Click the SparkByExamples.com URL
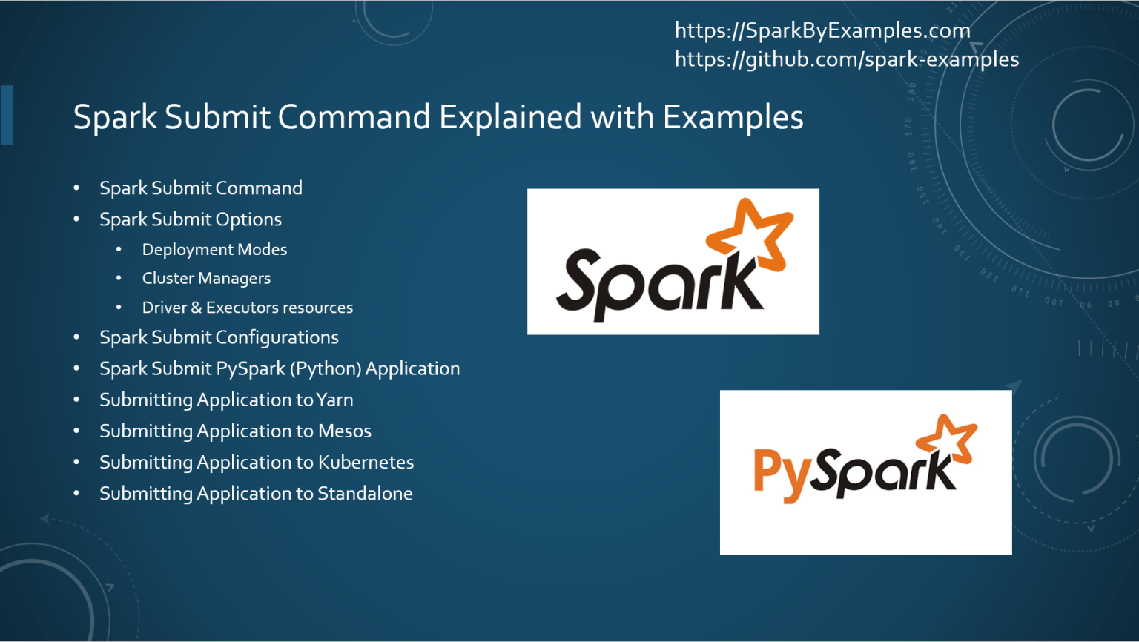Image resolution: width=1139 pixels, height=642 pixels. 822,30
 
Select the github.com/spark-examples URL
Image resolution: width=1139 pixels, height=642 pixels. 846,59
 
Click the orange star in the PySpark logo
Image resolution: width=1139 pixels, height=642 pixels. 947,440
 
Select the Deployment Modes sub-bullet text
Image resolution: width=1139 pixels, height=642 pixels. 214,250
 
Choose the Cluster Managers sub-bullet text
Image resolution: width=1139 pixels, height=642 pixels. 206,279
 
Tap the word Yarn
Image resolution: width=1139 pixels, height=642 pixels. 334,400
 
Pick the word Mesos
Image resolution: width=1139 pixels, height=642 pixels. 345,431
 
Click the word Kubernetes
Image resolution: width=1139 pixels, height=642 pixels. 366,463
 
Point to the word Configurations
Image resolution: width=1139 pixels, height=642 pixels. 277,338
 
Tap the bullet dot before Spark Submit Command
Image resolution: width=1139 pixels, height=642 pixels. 76,188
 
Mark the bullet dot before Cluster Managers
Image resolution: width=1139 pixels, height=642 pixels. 119,279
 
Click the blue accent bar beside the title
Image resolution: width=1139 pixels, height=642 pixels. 7,115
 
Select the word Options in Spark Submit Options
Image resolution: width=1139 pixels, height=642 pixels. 248,220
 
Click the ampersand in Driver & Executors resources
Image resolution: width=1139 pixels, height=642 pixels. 197,308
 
